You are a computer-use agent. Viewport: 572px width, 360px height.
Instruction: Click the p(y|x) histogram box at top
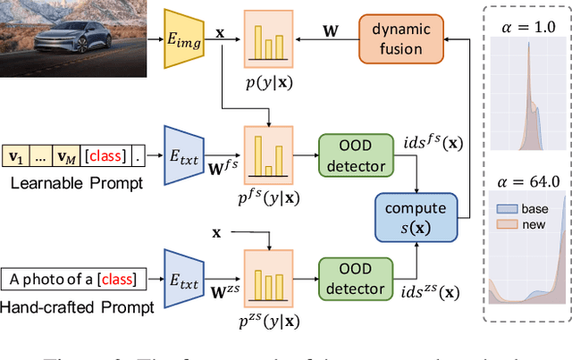tap(268, 41)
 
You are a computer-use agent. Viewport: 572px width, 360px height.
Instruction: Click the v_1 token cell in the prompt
tap(17, 158)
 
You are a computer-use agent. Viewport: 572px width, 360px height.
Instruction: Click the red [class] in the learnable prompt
tap(105, 158)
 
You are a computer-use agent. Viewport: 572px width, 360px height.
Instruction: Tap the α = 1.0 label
tap(526, 29)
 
